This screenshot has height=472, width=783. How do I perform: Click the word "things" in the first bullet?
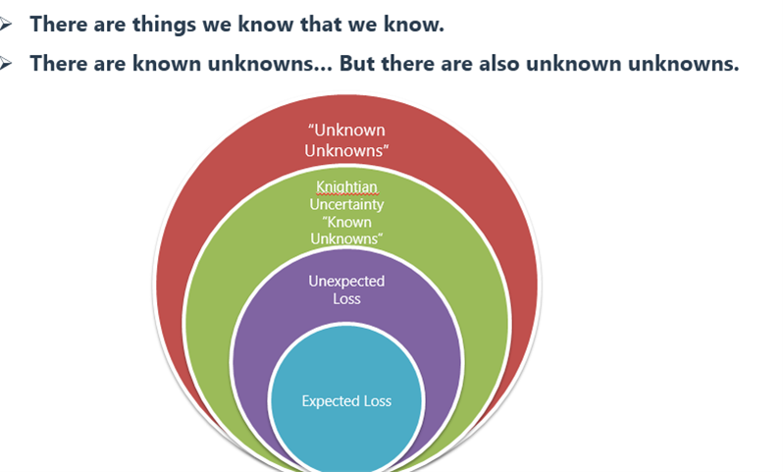pyautogui.click(x=164, y=25)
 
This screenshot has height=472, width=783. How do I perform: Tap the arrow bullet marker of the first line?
pyautogui.click(x=6, y=24)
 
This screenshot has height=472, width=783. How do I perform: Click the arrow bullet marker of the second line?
pyautogui.click(x=6, y=64)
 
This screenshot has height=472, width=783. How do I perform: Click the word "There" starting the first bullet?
pyautogui.click(x=59, y=24)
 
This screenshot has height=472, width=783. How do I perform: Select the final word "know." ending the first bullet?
pyautogui.click(x=414, y=24)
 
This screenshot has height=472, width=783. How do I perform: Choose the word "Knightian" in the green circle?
pyautogui.click(x=346, y=186)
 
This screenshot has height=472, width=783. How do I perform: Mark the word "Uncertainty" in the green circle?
pyautogui.click(x=346, y=204)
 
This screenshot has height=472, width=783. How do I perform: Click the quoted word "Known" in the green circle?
pyautogui.click(x=346, y=222)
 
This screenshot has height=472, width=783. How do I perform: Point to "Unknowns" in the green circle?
pyautogui.click(x=346, y=238)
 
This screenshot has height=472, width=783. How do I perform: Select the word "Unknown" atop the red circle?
pyautogui.click(x=346, y=130)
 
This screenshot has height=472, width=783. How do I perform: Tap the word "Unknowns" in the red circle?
pyautogui.click(x=346, y=150)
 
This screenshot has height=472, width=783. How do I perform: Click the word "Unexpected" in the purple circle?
pyautogui.click(x=346, y=282)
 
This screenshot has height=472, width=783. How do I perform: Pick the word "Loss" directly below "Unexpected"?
pyautogui.click(x=346, y=298)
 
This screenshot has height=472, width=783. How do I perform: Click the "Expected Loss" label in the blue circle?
pyautogui.click(x=346, y=401)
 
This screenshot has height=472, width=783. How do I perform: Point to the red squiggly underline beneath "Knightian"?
pyautogui.click(x=346, y=193)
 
